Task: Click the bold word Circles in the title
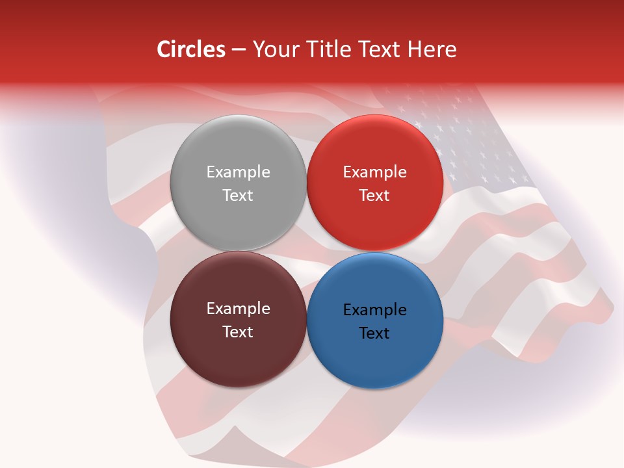[191, 49]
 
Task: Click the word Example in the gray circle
[238, 172]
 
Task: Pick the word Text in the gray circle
[238, 196]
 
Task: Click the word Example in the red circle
[375, 172]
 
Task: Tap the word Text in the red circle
[375, 196]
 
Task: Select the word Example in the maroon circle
[238, 309]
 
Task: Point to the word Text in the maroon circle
[238, 332]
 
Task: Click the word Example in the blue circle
[375, 310]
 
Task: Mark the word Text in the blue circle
[375, 333]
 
